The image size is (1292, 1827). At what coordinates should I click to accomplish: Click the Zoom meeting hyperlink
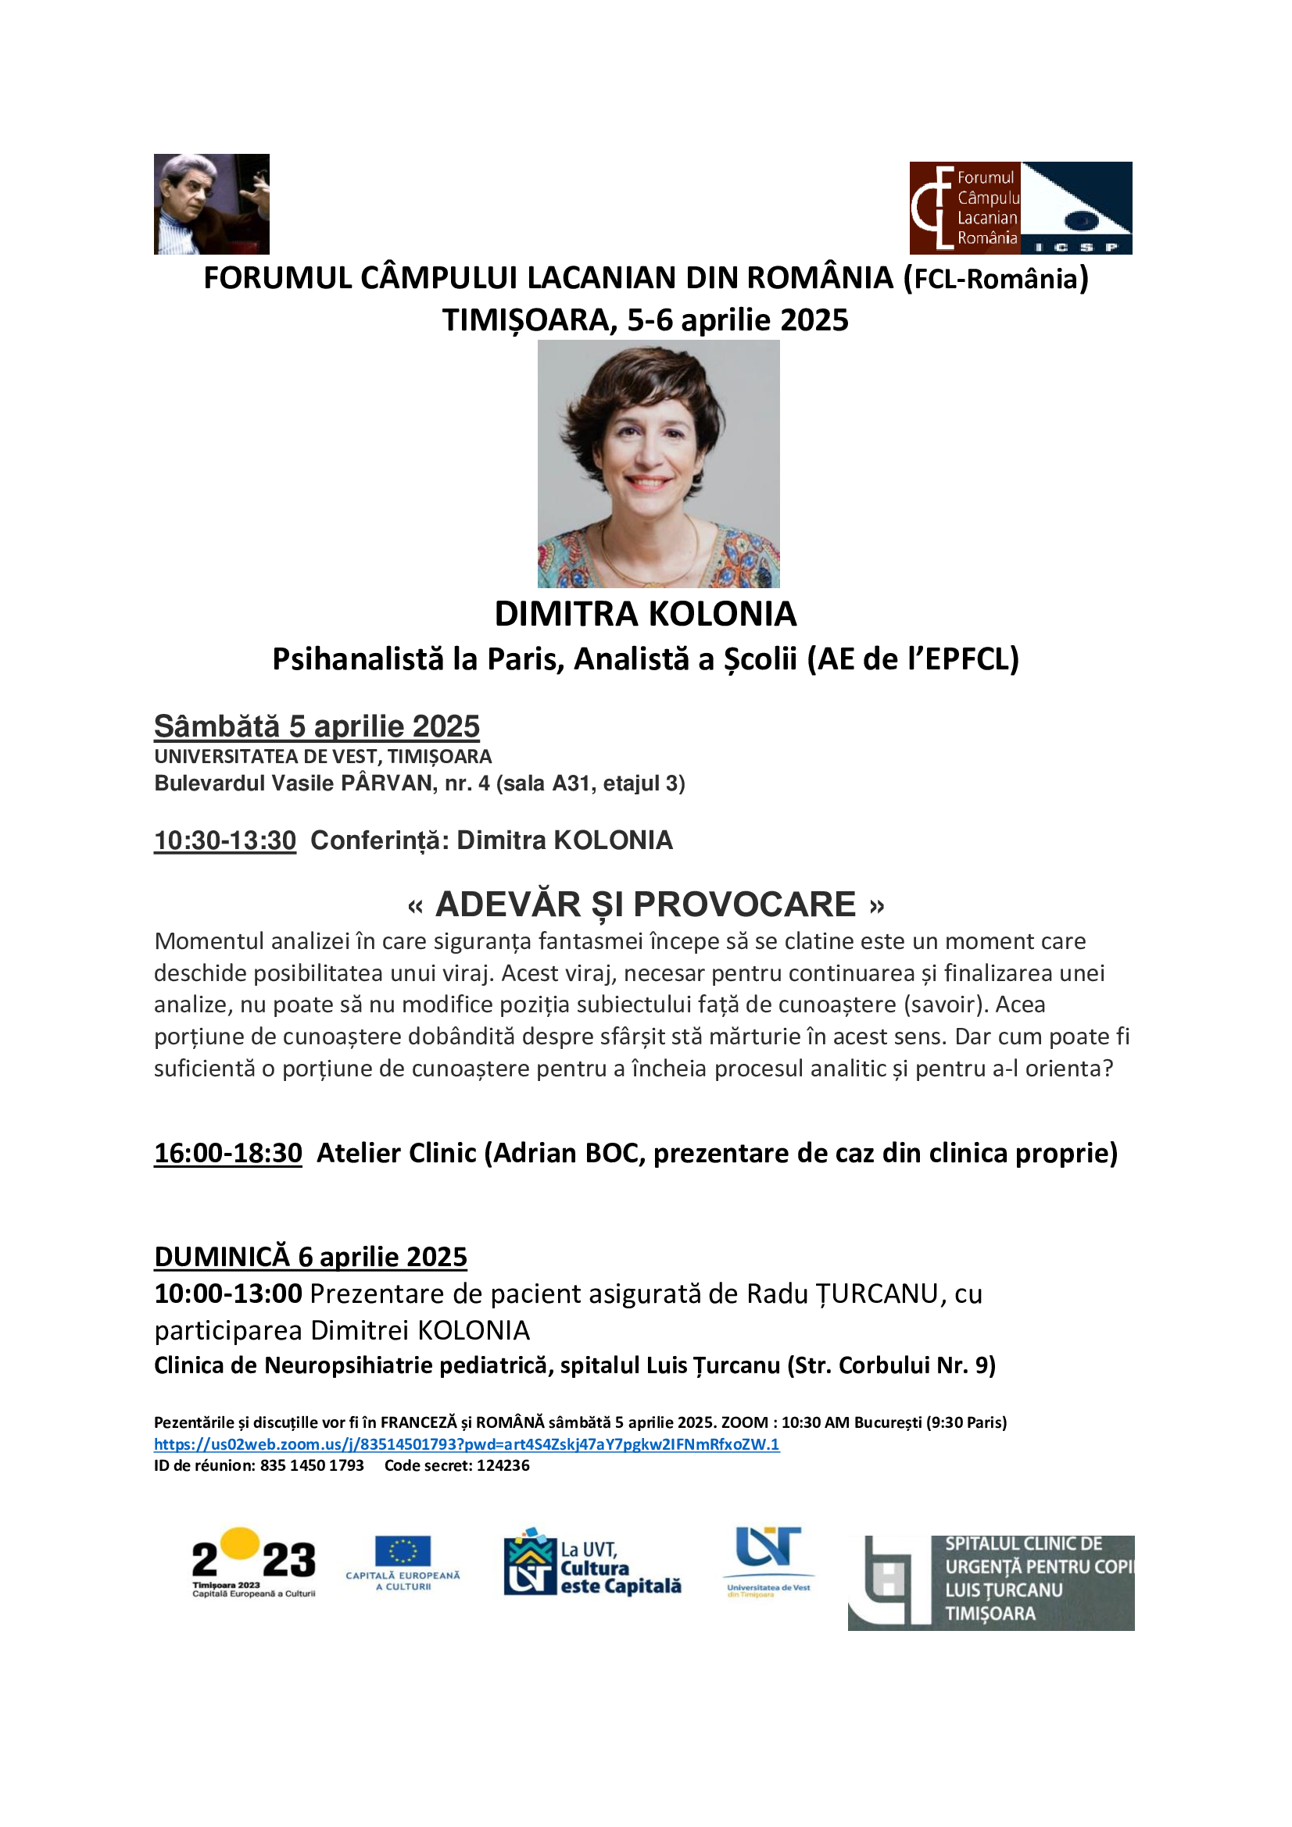click(467, 1444)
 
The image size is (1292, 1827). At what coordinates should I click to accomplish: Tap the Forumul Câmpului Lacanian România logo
click(1020, 208)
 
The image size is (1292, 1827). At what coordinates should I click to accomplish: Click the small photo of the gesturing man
click(212, 205)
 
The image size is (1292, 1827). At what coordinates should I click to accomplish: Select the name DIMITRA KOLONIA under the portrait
click(646, 613)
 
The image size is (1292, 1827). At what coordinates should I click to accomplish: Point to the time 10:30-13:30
click(225, 840)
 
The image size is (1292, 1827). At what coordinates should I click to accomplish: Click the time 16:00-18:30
click(228, 1153)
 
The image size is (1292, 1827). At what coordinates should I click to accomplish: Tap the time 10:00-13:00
click(228, 1294)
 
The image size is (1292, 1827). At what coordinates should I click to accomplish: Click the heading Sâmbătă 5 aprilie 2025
click(317, 726)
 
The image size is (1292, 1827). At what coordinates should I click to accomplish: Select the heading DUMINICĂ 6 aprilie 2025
click(310, 1258)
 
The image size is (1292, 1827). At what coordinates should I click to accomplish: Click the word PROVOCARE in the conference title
click(744, 905)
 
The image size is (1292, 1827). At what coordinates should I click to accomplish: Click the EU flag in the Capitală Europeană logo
click(403, 1551)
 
